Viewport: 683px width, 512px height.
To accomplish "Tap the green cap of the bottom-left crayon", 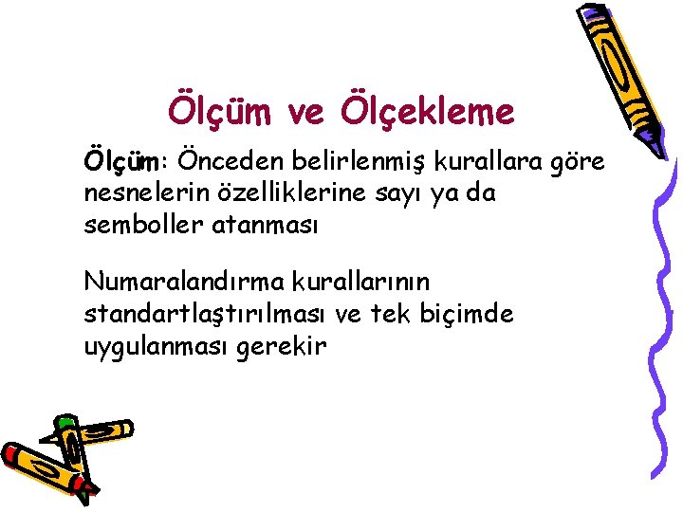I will [66, 422].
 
